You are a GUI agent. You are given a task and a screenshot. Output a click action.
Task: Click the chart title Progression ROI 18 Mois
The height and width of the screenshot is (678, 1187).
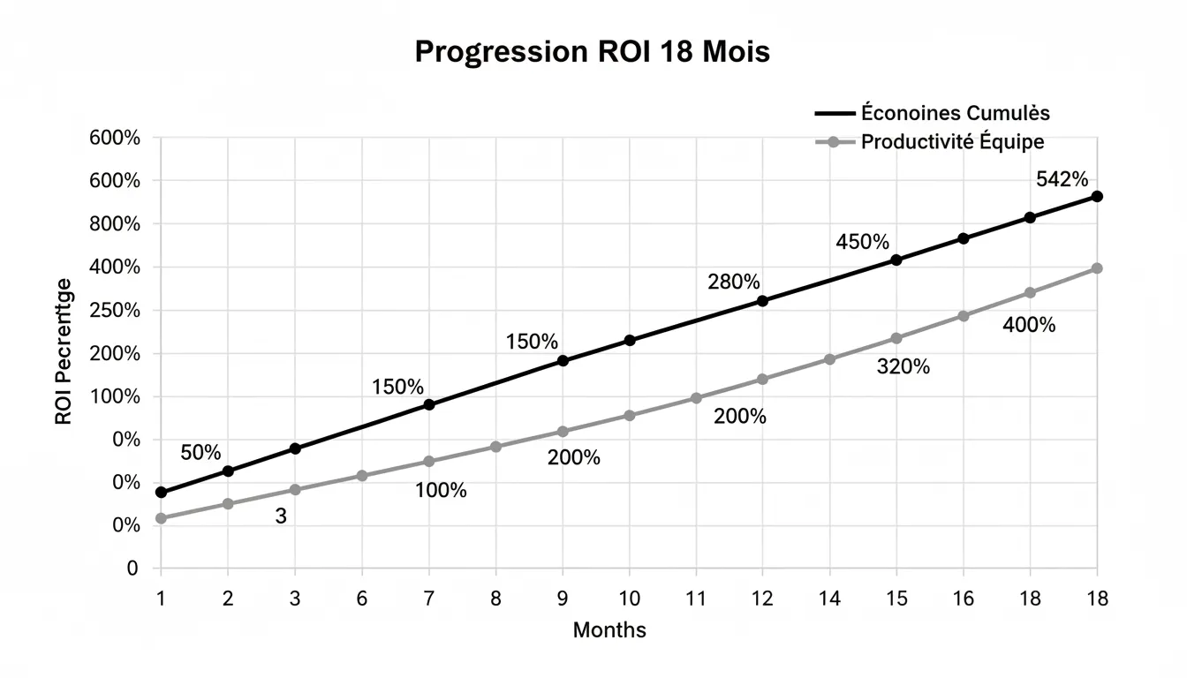click(x=592, y=52)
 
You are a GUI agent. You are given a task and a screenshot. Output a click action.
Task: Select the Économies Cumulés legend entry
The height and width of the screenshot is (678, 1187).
click(x=954, y=113)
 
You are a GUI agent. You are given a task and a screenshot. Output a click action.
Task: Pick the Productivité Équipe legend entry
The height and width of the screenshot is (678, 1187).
click(x=952, y=141)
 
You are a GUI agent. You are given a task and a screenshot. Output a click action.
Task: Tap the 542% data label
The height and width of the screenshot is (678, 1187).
click(x=1062, y=179)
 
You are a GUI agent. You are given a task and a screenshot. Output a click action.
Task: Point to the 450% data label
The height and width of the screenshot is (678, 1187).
click(x=862, y=242)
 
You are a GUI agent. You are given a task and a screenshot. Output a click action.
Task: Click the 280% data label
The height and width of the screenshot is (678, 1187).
click(x=733, y=282)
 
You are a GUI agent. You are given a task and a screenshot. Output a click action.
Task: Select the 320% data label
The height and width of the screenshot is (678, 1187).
click(x=903, y=367)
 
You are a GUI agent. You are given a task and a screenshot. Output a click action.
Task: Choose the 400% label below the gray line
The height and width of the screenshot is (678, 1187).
click(x=1029, y=325)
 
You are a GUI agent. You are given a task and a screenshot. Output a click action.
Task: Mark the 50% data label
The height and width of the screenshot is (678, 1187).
click(x=200, y=453)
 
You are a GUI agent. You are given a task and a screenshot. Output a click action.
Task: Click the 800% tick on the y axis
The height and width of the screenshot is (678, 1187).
click(x=115, y=224)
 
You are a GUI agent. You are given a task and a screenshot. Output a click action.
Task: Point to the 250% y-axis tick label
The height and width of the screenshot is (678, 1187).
click(x=115, y=311)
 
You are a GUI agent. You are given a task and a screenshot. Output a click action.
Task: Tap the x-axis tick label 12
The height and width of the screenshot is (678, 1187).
click(x=762, y=599)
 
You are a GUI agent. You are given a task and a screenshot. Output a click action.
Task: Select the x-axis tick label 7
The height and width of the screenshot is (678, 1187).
click(x=428, y=599)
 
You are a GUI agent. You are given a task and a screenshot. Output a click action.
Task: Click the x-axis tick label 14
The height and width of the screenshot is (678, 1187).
click(x=829, y=599)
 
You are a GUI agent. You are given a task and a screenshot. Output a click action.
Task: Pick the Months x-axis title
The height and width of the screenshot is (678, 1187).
click(x=609, y=630)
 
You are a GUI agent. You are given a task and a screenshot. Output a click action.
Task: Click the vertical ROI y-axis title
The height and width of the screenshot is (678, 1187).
click(x=64, y=351)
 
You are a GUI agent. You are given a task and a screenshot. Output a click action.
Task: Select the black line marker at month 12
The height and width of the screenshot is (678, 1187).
click(x=763, y=301)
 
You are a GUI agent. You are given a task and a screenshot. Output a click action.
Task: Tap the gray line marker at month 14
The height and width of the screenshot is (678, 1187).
click(x=829, y=359)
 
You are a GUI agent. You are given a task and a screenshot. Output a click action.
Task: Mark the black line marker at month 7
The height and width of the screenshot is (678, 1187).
click(x=429, y=404)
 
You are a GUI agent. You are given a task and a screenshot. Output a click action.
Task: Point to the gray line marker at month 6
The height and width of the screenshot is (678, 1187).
click(x=362, y=476)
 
